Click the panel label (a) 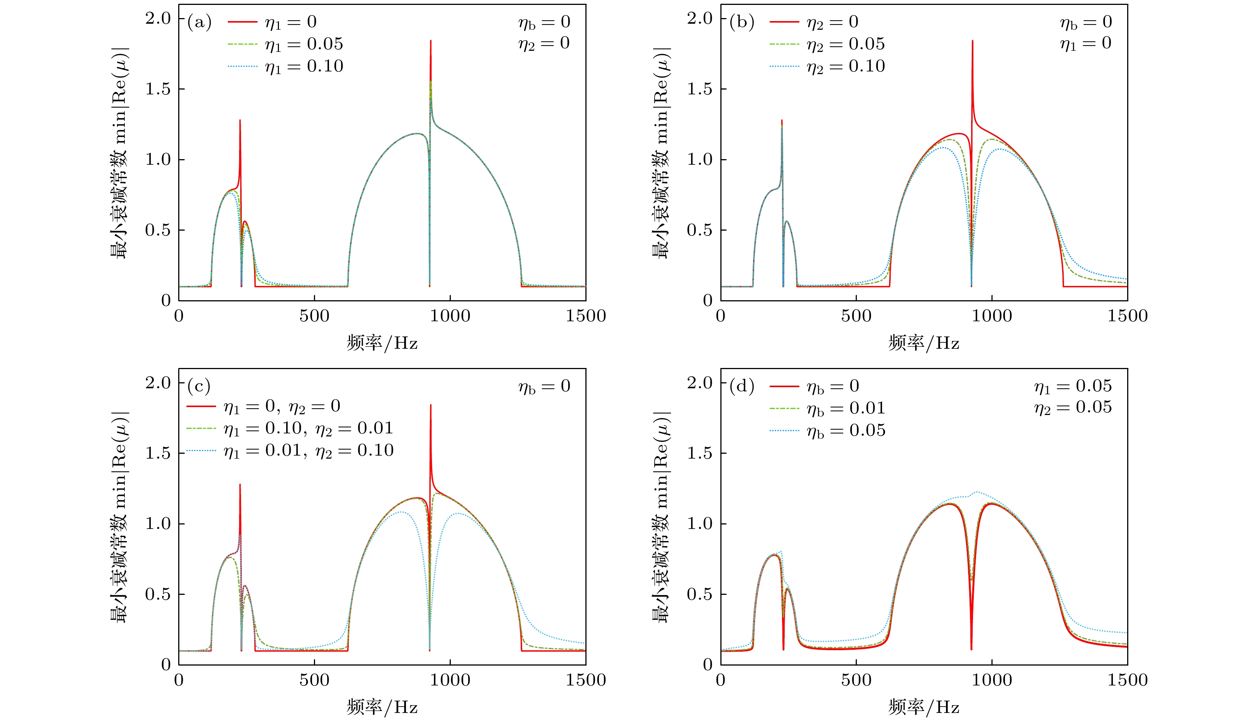click(x=199, y=22)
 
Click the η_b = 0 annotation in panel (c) click(x=544, y=386)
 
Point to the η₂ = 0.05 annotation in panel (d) click(x=1073, y=407)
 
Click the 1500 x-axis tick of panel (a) click(x=586, y=316)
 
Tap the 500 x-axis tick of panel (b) click(x=856, y=316)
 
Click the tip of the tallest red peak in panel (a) click(x=430, y=41)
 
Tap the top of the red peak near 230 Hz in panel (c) click(x=240, y=485)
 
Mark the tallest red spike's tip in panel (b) click(x=972, y=41)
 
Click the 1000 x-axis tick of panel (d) click(x=991, y=680)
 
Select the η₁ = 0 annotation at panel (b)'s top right click(x=1085, y=44)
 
